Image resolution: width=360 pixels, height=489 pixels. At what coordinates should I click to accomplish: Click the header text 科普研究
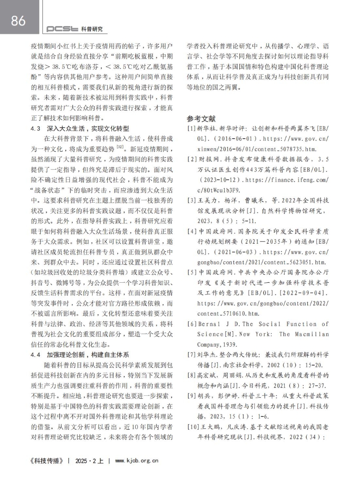pos(92,29)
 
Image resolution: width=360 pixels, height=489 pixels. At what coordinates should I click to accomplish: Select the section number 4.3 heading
pos(36,129)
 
